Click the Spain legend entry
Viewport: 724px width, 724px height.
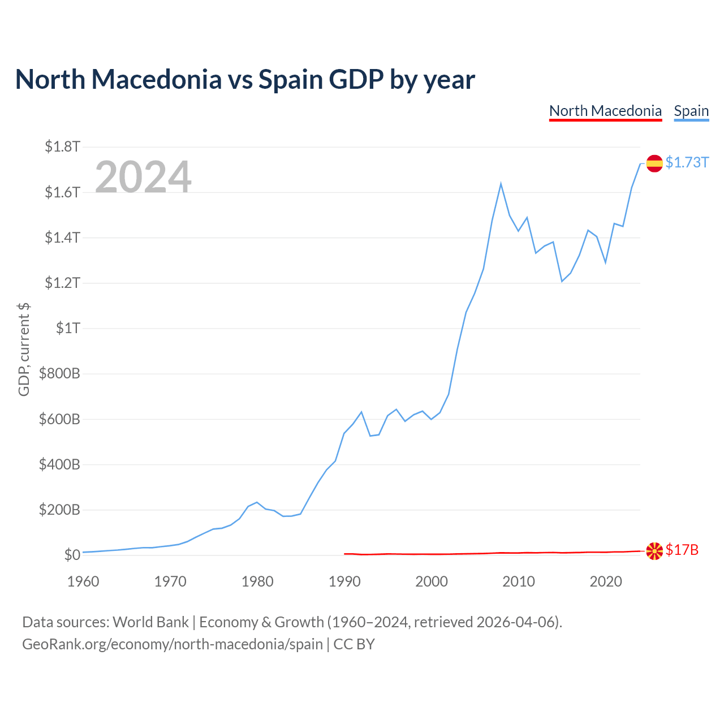[691, 111]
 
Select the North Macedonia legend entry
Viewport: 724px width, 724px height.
[605, 111]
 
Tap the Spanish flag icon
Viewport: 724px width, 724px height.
[654, 163]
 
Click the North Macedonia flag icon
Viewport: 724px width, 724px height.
[654, 551]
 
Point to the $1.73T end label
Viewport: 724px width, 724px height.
[687, 162]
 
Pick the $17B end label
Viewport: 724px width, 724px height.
[682, 550]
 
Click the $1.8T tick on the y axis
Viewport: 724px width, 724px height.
[62, 146]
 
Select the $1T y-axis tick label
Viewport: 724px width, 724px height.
[68, 328]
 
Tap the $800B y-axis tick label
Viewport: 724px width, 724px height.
[60, 373]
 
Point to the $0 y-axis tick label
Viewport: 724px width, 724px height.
[72, 555]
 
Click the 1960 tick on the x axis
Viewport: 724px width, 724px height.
[83, 581]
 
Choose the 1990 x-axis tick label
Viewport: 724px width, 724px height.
[344, 581]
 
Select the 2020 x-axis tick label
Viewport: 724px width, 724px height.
[606, 581]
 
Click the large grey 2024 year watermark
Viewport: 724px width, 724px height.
[143, 176]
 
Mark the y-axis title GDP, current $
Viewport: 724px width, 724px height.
[24, 350]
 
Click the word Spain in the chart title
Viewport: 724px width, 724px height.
[290, 80]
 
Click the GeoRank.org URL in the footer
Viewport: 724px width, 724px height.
[173, 644]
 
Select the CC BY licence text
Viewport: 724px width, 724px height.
[354, 644]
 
